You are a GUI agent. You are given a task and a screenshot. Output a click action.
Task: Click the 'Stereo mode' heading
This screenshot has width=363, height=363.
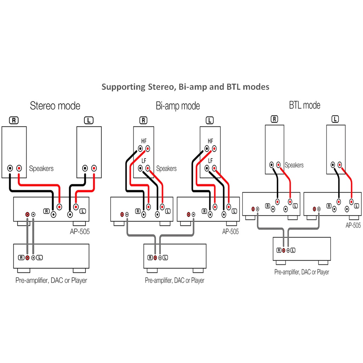(x=55, y=106)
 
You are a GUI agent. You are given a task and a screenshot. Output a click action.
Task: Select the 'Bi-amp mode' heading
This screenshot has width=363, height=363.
(x=178, y=106)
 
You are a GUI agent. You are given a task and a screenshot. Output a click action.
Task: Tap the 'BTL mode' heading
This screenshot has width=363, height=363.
(x=305, y=105)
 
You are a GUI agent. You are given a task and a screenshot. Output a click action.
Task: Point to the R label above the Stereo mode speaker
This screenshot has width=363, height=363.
(x=14, y=120)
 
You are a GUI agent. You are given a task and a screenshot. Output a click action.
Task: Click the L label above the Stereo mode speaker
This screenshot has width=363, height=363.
(x=89, y=120)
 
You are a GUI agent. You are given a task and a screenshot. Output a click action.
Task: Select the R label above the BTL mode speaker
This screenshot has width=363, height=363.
(x=274, y=119)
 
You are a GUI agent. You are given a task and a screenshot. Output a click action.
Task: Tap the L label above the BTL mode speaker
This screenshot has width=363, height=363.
(x=335, y=119)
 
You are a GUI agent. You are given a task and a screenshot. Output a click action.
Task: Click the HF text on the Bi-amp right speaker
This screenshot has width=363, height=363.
(x=144, y=141)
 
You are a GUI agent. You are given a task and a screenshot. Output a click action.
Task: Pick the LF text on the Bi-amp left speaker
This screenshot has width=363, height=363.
(x=211, y=161)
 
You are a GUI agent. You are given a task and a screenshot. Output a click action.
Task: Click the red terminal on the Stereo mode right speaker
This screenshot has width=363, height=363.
(x=19, y=168)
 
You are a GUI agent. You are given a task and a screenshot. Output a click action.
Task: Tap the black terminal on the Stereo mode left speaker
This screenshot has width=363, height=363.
(x=85, y=168)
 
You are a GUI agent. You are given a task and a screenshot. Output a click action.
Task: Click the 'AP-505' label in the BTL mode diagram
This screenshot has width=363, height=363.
(x=353, y=225)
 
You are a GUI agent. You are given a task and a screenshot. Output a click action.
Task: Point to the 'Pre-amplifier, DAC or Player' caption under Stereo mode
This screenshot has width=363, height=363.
(x=51, y=280)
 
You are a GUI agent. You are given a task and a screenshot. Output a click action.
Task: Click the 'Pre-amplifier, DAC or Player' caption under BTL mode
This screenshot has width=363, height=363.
(x=302, y=272)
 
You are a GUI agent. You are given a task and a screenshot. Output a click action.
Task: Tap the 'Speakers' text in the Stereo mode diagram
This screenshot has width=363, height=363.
(x=41, y=168)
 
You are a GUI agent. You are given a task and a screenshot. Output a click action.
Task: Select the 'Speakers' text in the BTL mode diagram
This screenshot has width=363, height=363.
(x=294, y=165)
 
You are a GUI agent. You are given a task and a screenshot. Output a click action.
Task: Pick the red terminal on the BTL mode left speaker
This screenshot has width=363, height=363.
(x=340, y=164)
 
